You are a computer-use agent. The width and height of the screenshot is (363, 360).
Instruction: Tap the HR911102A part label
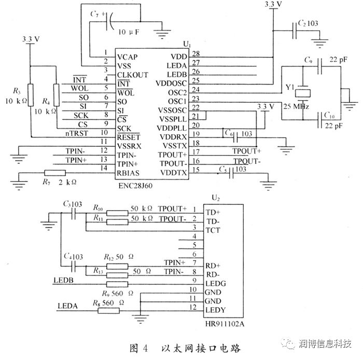point(224,324)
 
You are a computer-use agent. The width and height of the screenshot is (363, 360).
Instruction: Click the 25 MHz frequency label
point(297,107)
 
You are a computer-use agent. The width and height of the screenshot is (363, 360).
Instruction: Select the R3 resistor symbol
point(31,95)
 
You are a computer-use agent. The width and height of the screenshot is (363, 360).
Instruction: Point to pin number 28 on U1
point(196,53)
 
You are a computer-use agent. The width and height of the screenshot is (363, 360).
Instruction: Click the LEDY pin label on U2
point(216,310)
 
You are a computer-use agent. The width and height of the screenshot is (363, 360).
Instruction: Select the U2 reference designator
point(216,197)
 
